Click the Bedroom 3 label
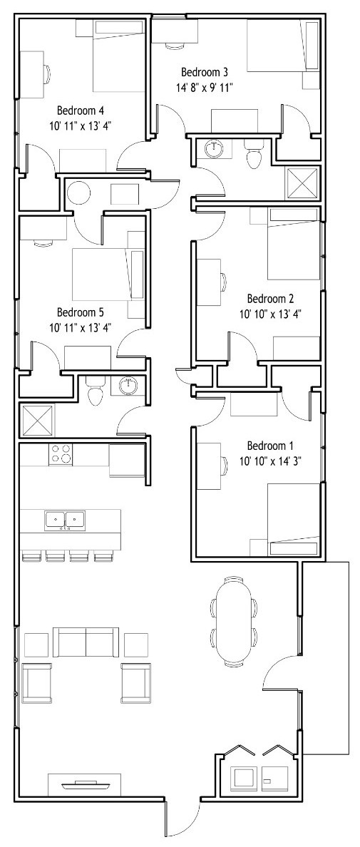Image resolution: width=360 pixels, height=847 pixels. [x=204, y=72]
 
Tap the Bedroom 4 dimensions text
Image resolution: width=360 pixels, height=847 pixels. [x=81, y=125]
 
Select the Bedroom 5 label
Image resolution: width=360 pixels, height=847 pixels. [x=80, y=312]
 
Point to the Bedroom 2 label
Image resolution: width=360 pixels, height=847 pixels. [x=270, y=298]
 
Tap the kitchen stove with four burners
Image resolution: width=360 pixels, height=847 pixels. [x=61, y=454]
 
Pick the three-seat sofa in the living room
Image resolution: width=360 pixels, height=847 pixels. [x=86, y=642]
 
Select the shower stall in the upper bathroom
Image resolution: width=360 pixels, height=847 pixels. [x=302, y=184]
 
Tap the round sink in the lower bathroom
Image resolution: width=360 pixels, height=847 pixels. [x=129, y=386]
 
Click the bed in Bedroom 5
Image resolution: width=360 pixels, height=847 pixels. [x=108, y=274]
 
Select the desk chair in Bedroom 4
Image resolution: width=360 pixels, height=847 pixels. [x=48, y=73]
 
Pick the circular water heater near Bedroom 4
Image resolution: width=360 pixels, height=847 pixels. [x=79, y=193]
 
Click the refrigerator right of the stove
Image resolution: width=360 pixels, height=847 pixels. [x=127, y=460]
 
